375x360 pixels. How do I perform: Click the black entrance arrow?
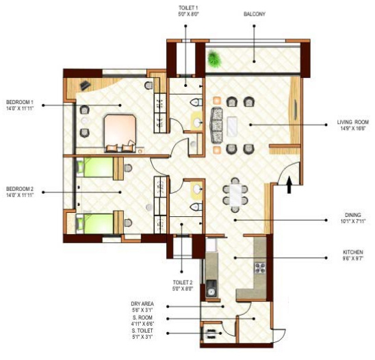(289, 183)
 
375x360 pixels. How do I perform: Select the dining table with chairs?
(236, 196)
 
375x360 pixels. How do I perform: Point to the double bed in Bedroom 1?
(120, 131)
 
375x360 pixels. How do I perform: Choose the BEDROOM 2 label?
(19, 189)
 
